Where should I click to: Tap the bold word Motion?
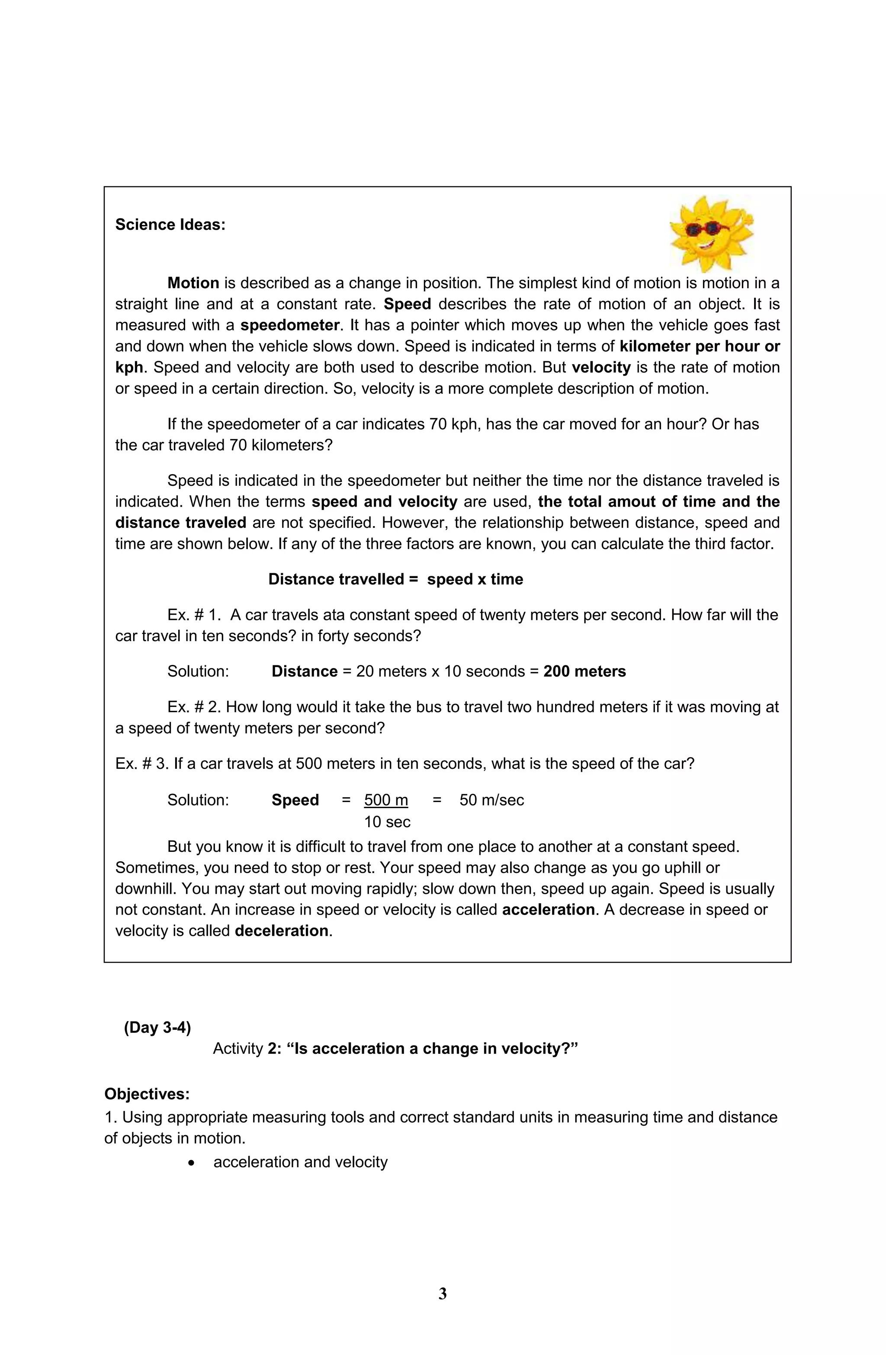pos(193,283)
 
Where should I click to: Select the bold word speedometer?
pos(290,325)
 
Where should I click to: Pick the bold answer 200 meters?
pos(584,671)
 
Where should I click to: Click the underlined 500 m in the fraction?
pos(386,800)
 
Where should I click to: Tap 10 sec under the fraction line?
pos(387,822)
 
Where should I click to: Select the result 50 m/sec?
pos(491,800)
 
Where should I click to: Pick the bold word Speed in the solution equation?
pos(295,800)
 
